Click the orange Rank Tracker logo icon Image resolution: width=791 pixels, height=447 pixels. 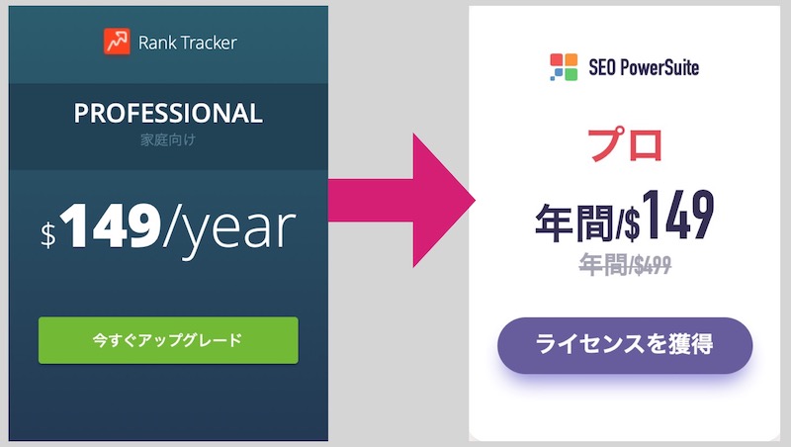tap(117, 42)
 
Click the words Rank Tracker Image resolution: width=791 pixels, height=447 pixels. tap(187, 43)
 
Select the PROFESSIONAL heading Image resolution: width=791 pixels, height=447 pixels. tap(168, 113)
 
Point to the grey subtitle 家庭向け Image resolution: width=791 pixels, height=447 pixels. tap(168, 139)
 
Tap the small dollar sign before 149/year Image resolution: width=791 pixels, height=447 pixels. tap(48, 234)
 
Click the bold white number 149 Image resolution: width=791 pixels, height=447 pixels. tap(111, 225)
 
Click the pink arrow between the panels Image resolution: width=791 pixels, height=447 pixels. tap(401, 201)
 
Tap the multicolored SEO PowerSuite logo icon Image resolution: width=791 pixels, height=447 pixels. tap(564, 67)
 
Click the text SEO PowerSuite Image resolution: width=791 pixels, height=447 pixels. tap(644, 67)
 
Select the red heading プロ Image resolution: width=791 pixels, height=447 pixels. tap(625, 144)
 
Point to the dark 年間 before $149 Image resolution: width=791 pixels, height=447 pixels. tap(574, 223)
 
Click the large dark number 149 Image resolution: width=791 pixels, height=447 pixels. tap(678, 215)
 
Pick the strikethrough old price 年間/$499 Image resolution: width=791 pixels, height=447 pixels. tap(625, 264)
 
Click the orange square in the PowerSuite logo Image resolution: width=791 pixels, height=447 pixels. tap(571, 59)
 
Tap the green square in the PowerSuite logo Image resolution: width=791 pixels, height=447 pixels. tap(571, 74)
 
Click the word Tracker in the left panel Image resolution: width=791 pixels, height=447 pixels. tap(209, 43)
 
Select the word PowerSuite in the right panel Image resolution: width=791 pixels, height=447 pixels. tap(659, 67)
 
